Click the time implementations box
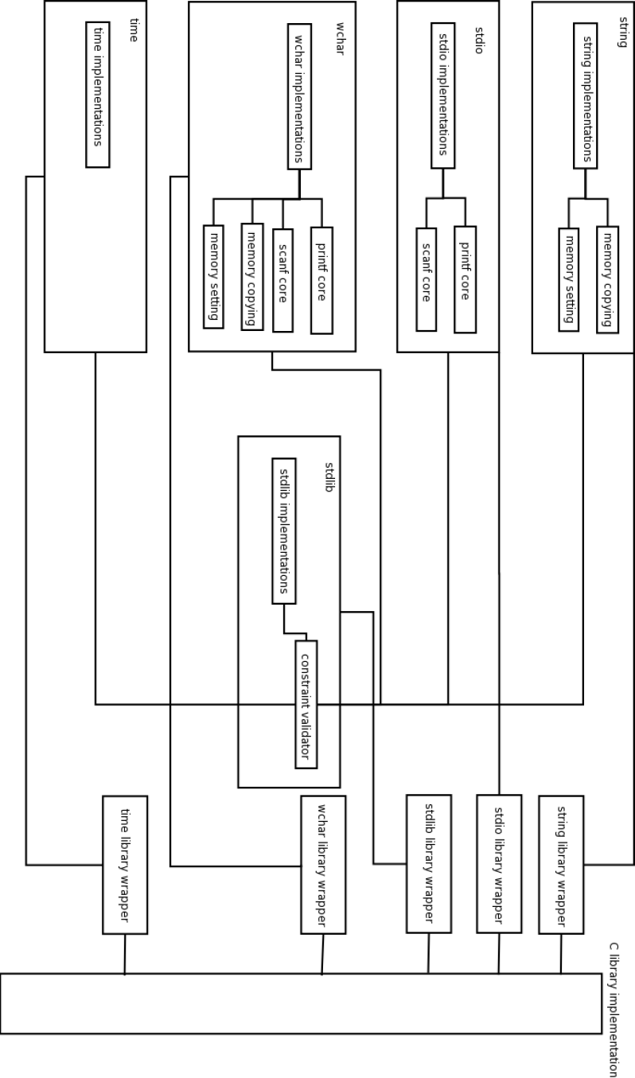point(97,95)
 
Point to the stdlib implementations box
point(283,531)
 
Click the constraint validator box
point(306,704)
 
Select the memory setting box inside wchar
point(213,275)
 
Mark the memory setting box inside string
point(569,277)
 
